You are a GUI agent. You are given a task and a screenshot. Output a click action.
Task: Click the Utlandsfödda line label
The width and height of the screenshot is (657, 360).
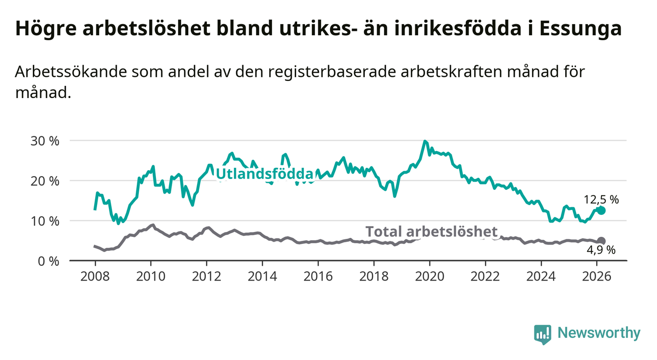[264, 174]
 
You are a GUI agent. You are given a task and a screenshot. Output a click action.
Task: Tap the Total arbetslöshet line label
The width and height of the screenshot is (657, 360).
[432, 231]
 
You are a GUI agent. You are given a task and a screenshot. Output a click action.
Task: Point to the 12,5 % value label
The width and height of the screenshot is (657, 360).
[601, 200]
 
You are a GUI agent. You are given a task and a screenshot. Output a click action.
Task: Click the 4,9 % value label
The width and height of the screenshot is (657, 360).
[601, 251]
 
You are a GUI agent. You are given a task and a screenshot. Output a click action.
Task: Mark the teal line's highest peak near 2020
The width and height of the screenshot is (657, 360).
[425, 141]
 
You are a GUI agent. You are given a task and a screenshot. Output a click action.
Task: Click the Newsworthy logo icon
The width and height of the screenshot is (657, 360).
[542, 334]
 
